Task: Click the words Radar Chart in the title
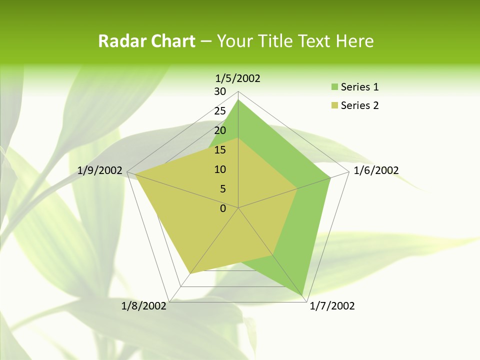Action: (146, 41)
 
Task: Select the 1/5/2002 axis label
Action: (237, 78)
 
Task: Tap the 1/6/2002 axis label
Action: (376, 170)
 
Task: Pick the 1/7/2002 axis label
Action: (332, 306)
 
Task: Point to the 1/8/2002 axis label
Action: (143, 306)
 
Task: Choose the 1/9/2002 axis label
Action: (100, 170)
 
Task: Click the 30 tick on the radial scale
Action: (220, 91)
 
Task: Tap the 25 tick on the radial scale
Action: (220, 111)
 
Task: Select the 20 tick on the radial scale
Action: (220, 130)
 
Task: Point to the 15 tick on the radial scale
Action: (220, 150)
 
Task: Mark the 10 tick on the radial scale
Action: (220, 169)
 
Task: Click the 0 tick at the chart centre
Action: (223, 208)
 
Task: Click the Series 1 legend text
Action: (359, 87)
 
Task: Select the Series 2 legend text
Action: (359, 105)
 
